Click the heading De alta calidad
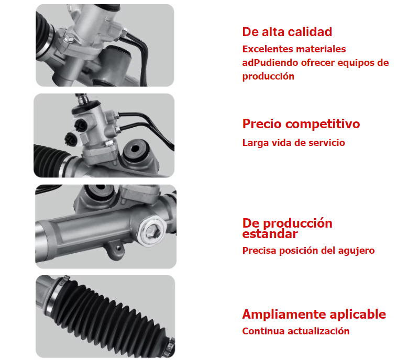(x=287, y=32)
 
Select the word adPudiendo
(x=270, y=63)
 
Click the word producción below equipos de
(x=268, y=76)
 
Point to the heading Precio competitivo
(x=301, y=124)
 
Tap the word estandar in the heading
(x=270, y=234)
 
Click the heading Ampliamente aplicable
(x=314, y=314)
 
